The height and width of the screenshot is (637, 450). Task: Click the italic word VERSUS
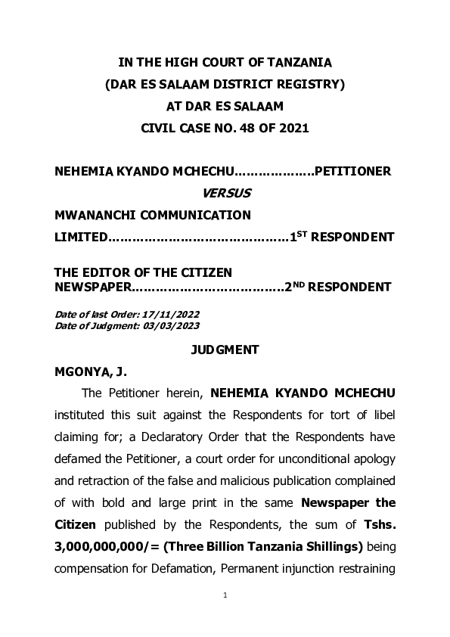click(225, 194)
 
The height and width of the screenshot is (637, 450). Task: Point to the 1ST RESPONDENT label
click(343, 238)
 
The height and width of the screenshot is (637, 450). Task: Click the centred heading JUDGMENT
click(225, 350)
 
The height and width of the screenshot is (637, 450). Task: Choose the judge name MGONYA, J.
click(88, 372)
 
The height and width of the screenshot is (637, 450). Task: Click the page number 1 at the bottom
click(225, 595)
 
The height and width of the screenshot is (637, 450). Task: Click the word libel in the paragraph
click(380, 415)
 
